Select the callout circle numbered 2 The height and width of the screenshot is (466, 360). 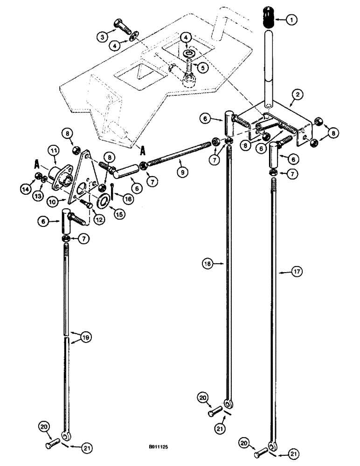[x=297, y=95]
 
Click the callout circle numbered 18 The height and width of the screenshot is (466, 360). [x=208, y=264]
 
